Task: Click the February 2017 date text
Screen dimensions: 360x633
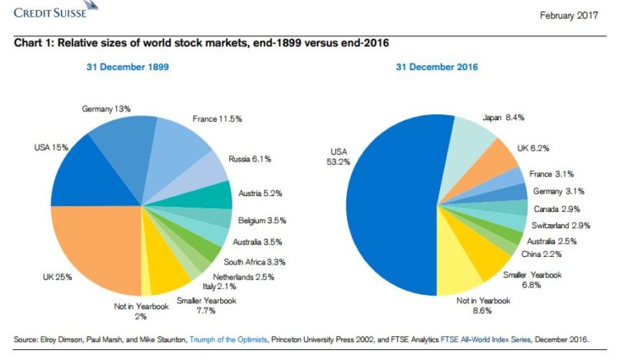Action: pyautogui.click(x=568, y=16)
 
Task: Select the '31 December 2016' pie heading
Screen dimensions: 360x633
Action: pyautogui.click(x=437, y=67)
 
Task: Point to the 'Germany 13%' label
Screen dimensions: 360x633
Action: pyautogui.click(x=106, y=109)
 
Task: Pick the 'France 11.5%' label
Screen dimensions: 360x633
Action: pyautogui.click(x=217, y=119)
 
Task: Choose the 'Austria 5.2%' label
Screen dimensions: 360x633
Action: pyautogui.click(x=260, y=194)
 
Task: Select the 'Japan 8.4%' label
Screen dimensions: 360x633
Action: pyautogui.click(x=504, y=117)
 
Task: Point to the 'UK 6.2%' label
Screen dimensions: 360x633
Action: pyautogui.click(x=533, y=148)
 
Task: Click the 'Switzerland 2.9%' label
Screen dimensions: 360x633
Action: pyautogui.click(x=561, y=225)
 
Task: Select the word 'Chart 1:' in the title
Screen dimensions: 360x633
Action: pyautogui.click(x=34, y=43)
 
